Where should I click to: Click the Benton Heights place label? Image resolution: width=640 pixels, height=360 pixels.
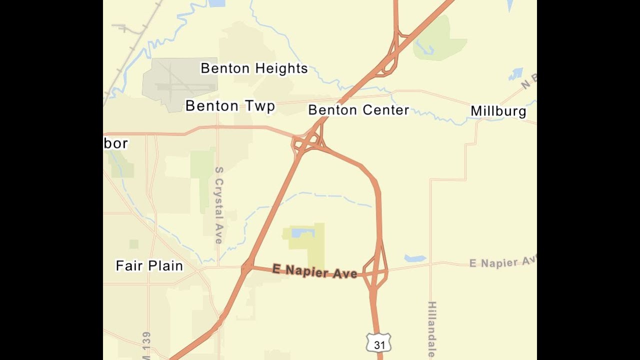click(254, 68)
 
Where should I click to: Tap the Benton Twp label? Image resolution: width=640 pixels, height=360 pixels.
click(230, 106)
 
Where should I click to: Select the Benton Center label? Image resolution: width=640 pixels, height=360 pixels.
click(358, 110)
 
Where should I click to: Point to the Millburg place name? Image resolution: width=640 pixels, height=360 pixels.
click(498, 111)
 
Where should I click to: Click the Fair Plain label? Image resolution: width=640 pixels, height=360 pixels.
click(149, 265)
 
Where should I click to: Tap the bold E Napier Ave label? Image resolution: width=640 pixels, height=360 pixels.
click(314, 271)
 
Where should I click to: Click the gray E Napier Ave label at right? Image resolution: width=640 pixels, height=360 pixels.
click(502, 262)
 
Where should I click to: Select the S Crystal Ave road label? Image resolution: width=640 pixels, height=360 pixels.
click(218, 205)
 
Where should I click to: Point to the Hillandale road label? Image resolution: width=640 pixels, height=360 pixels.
click(432, 329)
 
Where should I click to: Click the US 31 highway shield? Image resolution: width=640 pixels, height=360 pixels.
click(379, 344)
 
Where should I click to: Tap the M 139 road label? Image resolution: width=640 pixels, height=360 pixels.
click(146, 345)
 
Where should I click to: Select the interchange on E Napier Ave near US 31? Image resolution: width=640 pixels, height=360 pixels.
click(375, 272)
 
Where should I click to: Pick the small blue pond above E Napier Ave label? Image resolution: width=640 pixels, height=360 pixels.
click(302, 232)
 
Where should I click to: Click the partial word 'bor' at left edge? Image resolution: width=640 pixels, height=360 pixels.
click(116, 143)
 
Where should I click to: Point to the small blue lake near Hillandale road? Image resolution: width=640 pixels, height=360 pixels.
click(415, 258)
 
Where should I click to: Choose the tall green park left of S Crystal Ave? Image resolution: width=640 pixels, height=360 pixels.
click(202, 177)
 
